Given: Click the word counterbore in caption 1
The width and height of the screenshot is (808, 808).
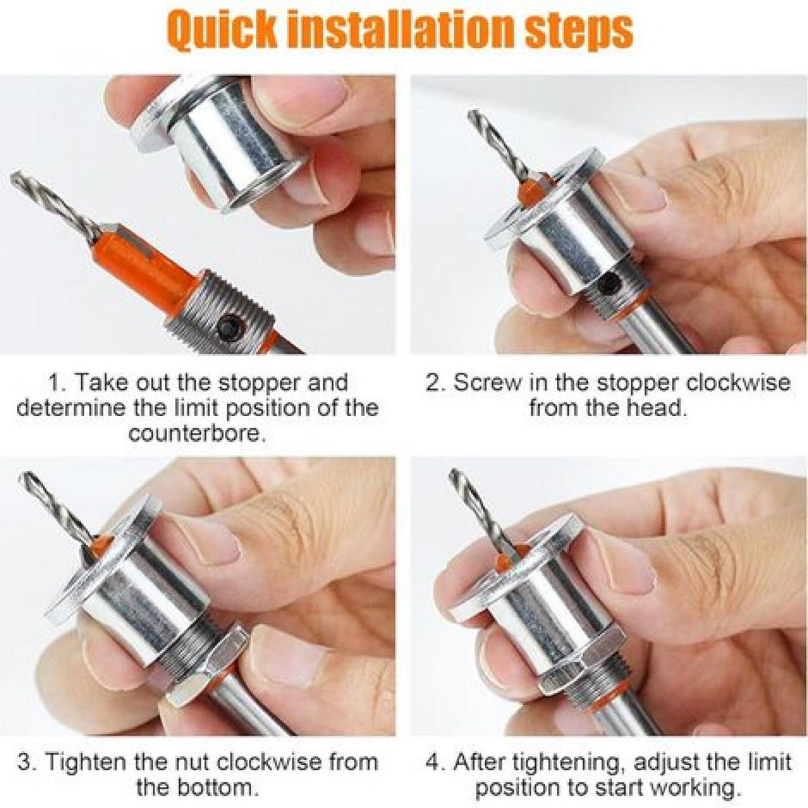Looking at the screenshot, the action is pyautogui.click(x=197, y=434).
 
